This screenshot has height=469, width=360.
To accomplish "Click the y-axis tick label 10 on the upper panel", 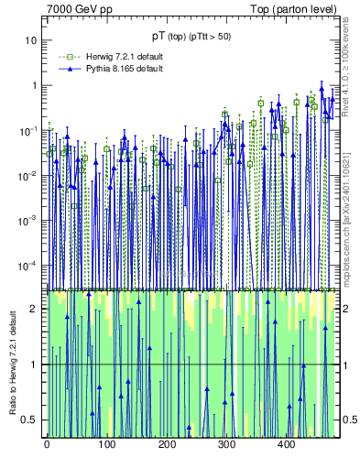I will pyautogui.click(x=30, y=41).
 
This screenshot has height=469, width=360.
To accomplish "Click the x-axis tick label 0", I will pyautogui.click(x=47, y=444).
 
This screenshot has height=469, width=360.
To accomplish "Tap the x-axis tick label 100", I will pyautogui.click(x=106, y=444).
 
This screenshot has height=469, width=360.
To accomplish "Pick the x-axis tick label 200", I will pyautogui.click(x=166, y=444).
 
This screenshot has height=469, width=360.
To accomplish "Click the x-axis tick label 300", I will pyautogui.click(x=226, y=444).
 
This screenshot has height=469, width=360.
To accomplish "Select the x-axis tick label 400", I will pyautogui.click(x=286, y=444).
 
